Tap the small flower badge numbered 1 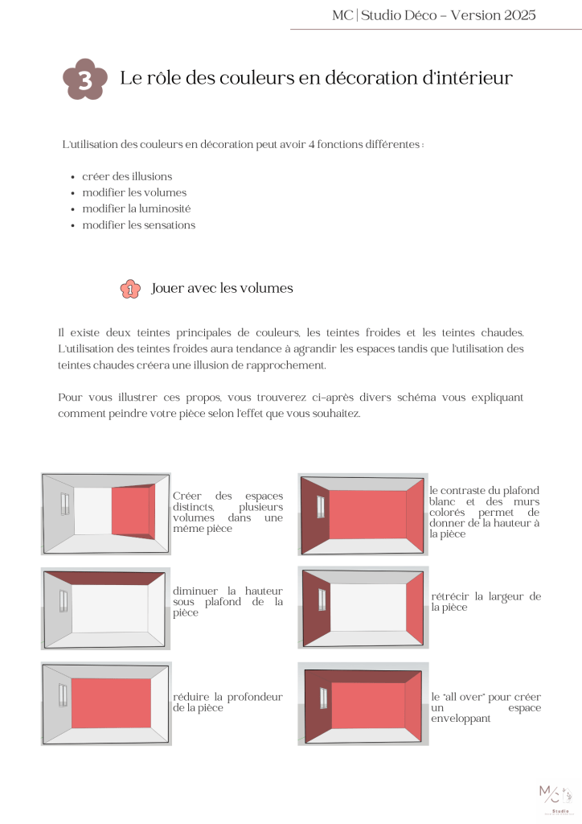[x=130, y=289]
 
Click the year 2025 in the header [x=517, y=14]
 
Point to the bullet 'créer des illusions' [x=127, y=176]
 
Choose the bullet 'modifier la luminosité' [x=136, y=208]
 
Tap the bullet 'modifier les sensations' [x=138, y=225]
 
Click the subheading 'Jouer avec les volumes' [x=222, y=288]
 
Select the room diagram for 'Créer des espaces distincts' [x=106, y=513]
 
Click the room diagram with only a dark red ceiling [x=106, y=608]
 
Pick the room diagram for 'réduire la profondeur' [x=106, y=703]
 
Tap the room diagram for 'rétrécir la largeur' [x=363, y=608]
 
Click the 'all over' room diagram [x=363, y=703]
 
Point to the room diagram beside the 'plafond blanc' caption [x=363, y=513]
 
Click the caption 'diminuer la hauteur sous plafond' [x=227, y=601]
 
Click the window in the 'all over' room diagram [x=323, y=698]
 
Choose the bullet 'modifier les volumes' [x=133, y=192]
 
